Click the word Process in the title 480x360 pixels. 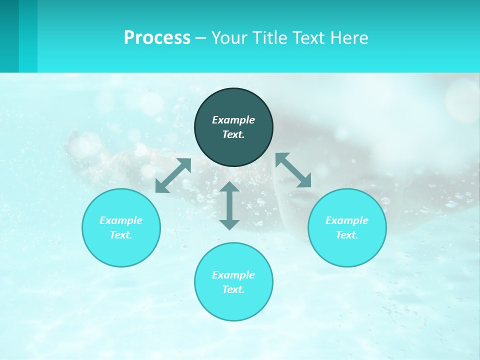click(157, 38)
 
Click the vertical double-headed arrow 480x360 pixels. click(229, 205)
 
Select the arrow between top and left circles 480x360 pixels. click(173, 175)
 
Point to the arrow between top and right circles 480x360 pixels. click(293, 170)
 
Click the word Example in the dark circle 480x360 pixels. click(233, 120)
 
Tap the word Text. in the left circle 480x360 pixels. click(121, 235)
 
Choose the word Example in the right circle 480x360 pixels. click(347, 220)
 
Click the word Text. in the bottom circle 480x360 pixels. click(233, 289)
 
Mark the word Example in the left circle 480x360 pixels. click(121, 220)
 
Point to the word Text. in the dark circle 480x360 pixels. click(233, 134)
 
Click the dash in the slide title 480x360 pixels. click(200, 38)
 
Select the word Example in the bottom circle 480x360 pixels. click(233, 275)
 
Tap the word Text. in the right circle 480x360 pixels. click(347, 235)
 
